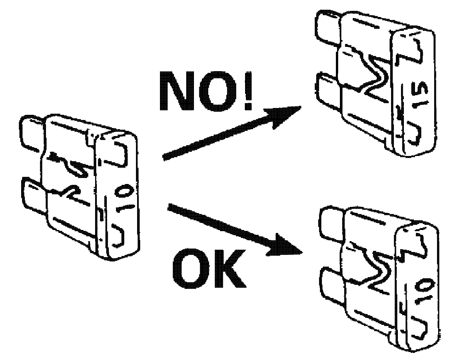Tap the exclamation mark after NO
pos(246,91)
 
